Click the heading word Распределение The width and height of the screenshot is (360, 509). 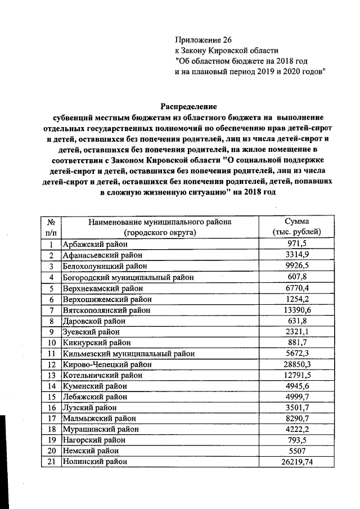[x=189, y=106]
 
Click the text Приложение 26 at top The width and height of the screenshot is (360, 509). [x=203, y=40]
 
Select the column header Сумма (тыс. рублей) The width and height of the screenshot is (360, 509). [x=296, y=227]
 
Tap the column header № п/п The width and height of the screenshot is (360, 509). [x=51, y=227]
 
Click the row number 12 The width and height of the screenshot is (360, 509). [x=51, y=364]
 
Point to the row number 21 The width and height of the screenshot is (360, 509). [x=51, y=461]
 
